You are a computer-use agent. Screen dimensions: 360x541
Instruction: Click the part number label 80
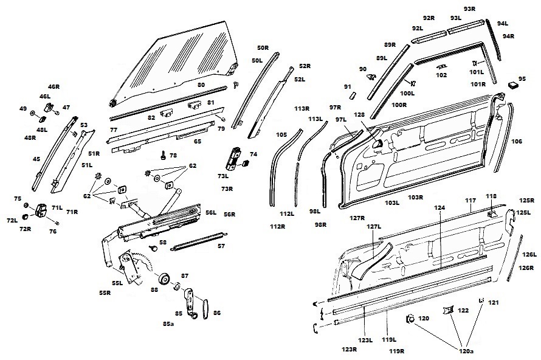pos(201,85)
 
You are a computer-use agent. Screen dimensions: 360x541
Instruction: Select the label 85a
pos(168,324)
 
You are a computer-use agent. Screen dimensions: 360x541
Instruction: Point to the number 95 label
pos(521,78)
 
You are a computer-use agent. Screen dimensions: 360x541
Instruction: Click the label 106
pos(516,141)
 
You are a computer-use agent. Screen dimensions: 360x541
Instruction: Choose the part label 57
pos(221,246)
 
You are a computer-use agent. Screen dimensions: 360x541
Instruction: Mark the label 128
pos(360,114)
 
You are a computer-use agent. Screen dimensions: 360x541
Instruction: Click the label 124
pos(440,208)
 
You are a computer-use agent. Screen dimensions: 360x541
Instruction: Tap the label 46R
pos(54,87)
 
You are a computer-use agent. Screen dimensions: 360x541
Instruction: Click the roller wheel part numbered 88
pos(163,280)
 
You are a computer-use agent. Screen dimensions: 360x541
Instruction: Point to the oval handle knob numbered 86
pos(202,307)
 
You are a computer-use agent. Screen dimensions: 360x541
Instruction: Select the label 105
pos(281,134)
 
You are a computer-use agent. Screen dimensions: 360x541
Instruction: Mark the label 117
pos(470,200)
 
